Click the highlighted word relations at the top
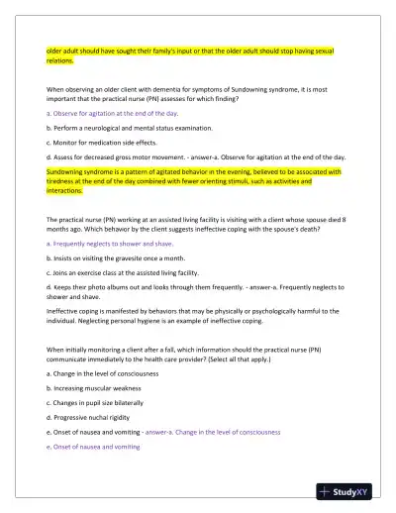(x=64, y=60)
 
